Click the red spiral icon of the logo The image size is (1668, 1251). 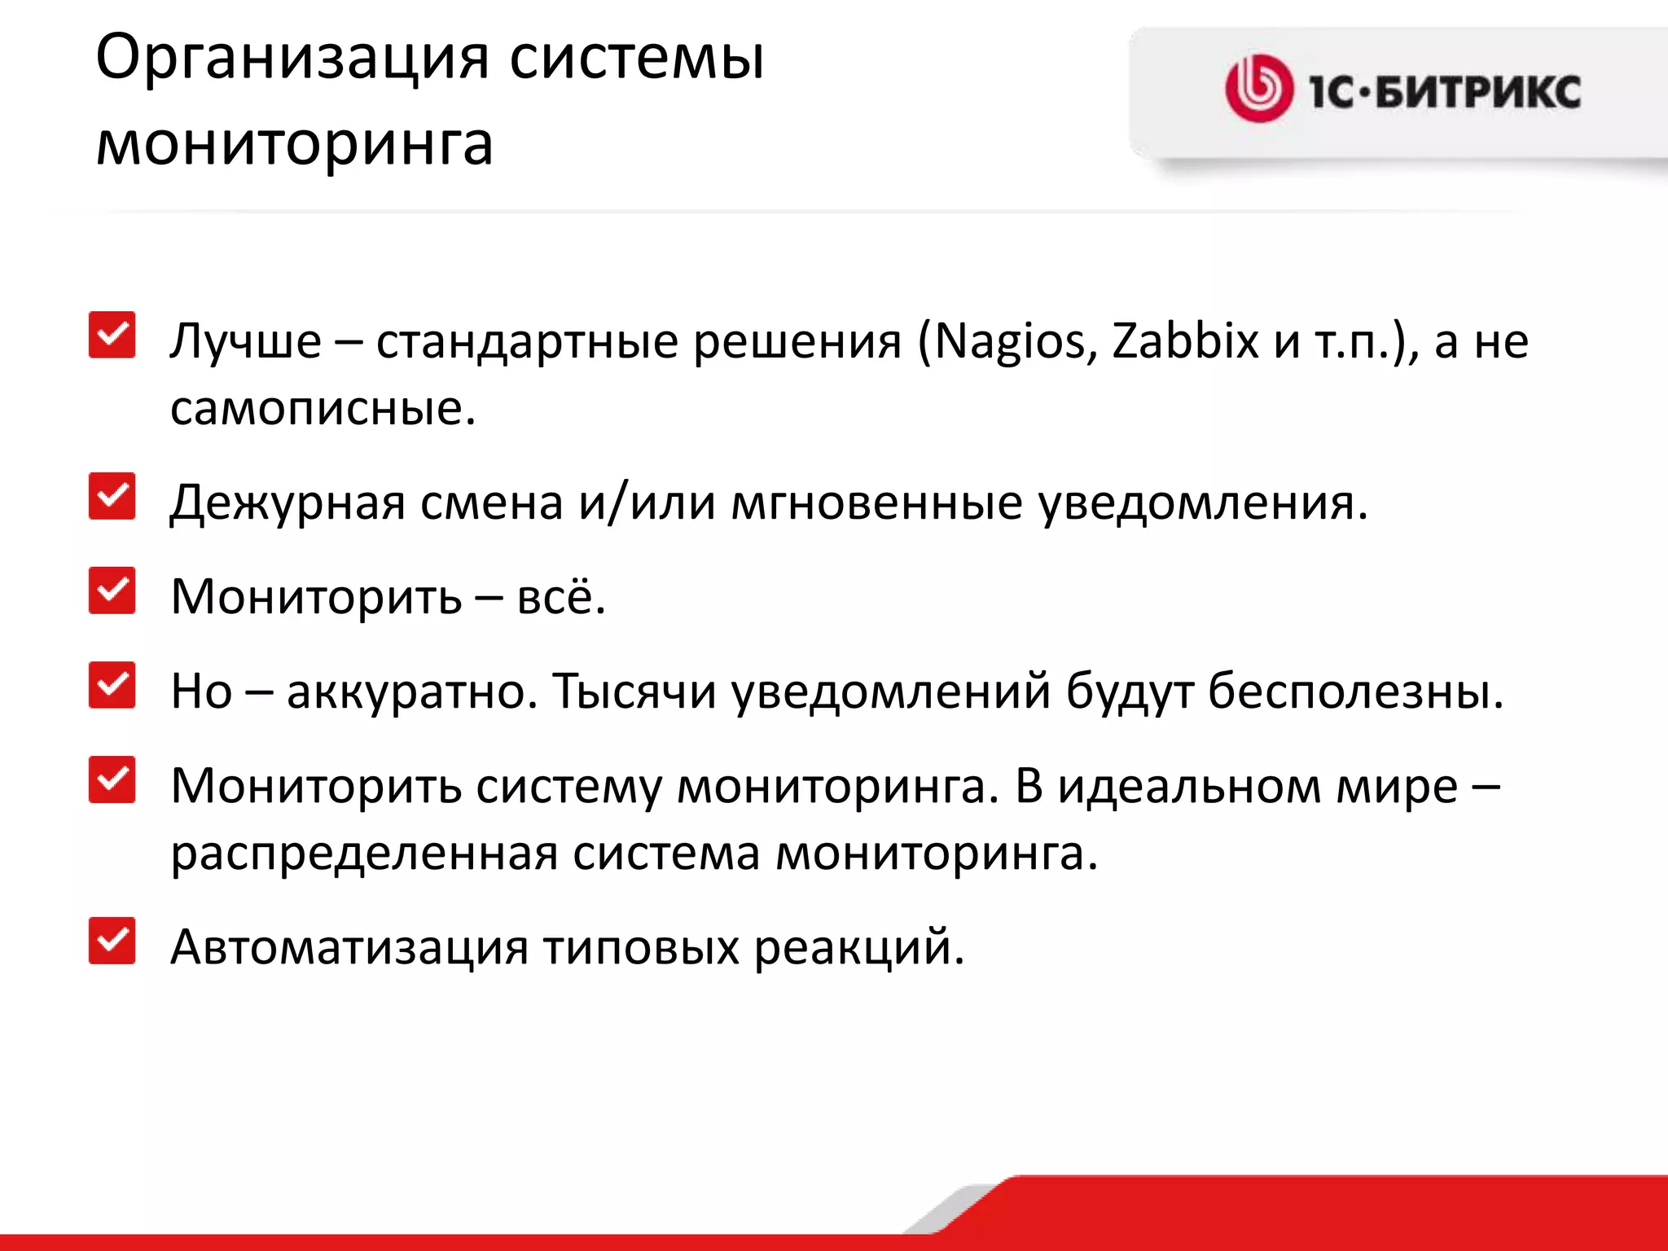click(1258, 89)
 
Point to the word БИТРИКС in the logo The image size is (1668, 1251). click(1477, 91)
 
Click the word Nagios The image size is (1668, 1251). click(1010, 342)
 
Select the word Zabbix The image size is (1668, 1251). click(1186, 340)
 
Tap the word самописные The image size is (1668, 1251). click(322, 408)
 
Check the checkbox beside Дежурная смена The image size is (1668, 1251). click(112, 496)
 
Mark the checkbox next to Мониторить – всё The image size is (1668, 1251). click(112, 590)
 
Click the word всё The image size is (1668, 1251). click(561, 597)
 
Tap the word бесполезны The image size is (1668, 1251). click(1354, 691)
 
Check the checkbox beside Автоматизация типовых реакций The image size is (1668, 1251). click(112, 941)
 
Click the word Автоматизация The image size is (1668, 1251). click(349, 947)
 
